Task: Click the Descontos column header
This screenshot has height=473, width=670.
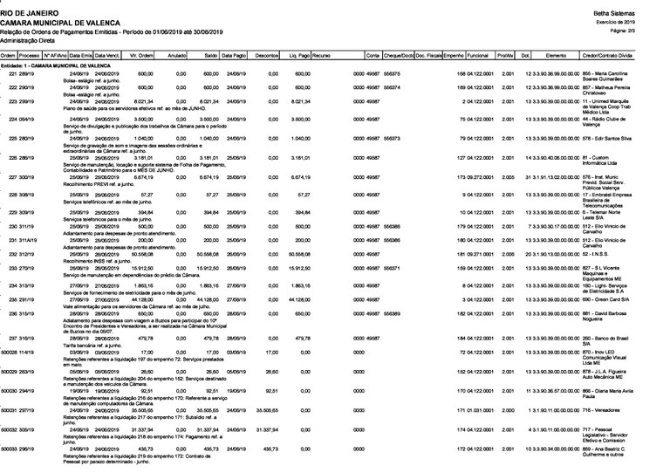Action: [x=267, y=55]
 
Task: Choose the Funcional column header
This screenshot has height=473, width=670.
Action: [x=477, y=55]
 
